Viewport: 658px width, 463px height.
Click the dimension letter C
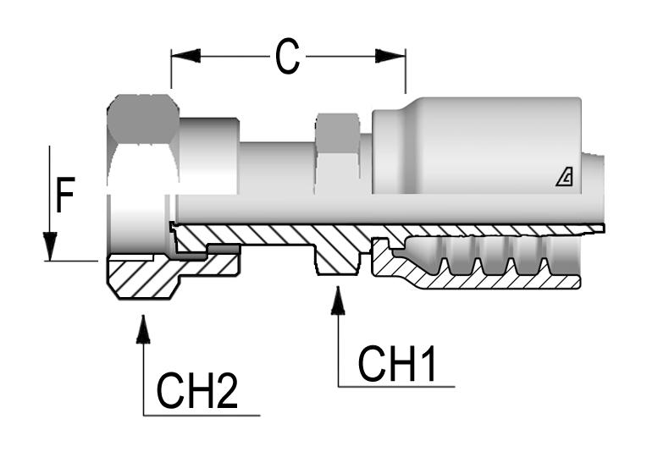(x=288, y=57)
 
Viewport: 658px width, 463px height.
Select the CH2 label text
(x=197, y=392)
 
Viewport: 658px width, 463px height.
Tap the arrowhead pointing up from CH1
(x=339, y=300)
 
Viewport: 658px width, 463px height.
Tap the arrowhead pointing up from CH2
(x=143, y=328)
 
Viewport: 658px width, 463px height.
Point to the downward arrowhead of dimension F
(x=51, y=246)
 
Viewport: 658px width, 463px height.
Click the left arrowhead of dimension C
(x=185, y=56)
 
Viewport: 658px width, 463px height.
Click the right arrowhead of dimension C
(x=391, y=56)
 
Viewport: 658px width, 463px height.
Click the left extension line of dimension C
(x=171, y=72)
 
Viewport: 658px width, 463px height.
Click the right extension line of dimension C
(x=406, y=72)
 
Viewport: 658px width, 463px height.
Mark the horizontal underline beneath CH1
(x=396, y=387)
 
